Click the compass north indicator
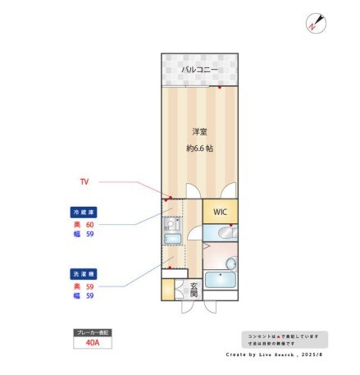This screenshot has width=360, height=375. tap(314, 23)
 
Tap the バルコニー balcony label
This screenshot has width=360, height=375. tap(199, 71)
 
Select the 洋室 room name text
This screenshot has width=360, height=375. tap(199, 131)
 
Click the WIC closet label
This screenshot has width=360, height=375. tap(220, 212)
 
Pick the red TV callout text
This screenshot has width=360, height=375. tap(84, 181)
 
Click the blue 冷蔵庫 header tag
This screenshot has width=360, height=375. tap(84, 212)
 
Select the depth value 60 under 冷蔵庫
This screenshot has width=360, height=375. tap(90, 223)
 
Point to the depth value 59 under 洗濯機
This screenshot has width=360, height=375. tap(90, 285)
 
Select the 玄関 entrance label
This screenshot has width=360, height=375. tap(194, 289)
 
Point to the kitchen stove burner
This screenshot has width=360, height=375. tap(172, 222)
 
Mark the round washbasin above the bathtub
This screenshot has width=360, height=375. tap(230, 263)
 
